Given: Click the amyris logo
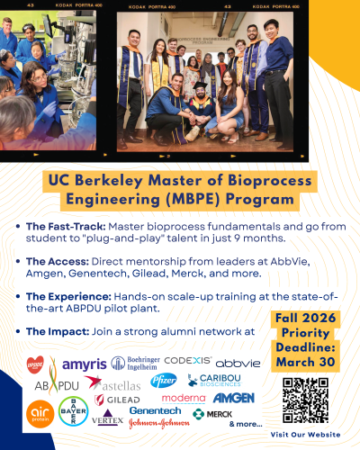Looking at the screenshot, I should [84, 364].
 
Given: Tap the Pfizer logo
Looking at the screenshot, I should [164, 381].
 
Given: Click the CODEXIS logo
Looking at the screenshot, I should [188, 361].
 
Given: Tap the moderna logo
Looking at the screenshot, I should [184, 398].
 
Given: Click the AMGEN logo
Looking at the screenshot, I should [233, 398].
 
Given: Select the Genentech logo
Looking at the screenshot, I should [155, 409].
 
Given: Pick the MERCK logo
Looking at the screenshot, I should [212, 413].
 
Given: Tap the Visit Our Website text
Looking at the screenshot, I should [305, 434].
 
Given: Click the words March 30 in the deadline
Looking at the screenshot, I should [305, 364].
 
